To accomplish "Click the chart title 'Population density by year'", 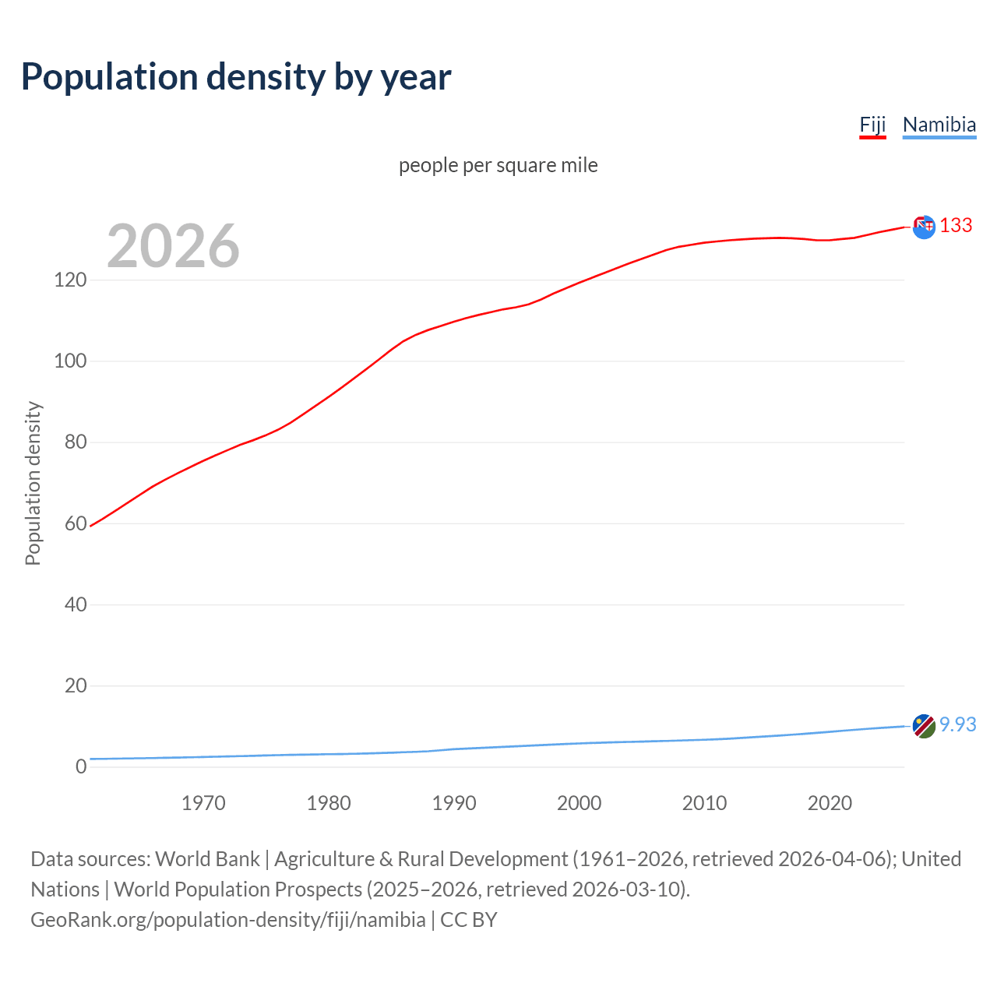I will coord(236,77).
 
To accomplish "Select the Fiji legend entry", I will coord(872,125).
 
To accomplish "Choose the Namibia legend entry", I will coord(939,125).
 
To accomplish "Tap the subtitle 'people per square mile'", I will coord(498,165).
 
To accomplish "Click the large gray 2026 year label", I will coord(173,246).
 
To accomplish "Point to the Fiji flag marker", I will coord(924,227).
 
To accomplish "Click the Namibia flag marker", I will coord(924,726).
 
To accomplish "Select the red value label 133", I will coord(956,226).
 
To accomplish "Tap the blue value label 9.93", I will coord(957,724).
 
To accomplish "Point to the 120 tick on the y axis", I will coord(70,280).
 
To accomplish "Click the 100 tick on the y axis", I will coord(70,361).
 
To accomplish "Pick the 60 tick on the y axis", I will coord(76,523).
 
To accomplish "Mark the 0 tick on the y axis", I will coord(81,766).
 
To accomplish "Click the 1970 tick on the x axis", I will coord(203,803).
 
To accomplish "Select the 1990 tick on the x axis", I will coord(454,803).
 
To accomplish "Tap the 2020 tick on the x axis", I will coord(830,803).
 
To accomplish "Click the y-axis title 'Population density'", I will coord(33,483).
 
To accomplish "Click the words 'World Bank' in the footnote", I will coord(207,859).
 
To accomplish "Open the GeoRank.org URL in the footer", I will coord(227,920).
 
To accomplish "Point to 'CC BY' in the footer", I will coord(469,920).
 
